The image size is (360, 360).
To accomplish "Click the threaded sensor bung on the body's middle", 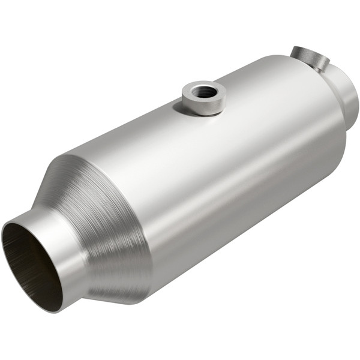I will pyautogui.click(x=203, y=97).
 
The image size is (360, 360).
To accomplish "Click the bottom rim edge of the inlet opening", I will pyautogui.click(x=51, y=309).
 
